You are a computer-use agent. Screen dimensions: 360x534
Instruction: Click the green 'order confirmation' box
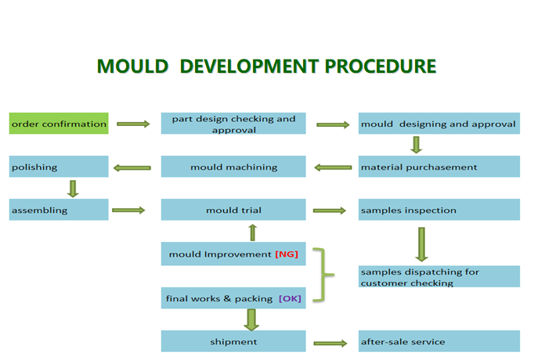point(59,124)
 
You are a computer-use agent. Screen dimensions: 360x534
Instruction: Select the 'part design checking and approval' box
point(233,124)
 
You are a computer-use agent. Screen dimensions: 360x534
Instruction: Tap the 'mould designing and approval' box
point(438,124)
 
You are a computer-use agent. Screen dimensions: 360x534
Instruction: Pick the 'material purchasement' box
point(438,167)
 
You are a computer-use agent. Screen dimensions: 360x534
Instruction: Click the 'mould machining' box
point(233,167)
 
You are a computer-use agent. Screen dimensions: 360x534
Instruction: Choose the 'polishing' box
point(59,167)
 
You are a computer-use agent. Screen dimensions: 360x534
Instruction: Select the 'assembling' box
point(59,210)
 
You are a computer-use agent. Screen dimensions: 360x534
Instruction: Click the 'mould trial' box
point(233,210)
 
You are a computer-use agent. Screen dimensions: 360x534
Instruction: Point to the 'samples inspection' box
point(438,210)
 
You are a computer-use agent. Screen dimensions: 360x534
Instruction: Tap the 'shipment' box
point(233,341)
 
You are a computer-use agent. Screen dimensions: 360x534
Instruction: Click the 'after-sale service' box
point(438,341)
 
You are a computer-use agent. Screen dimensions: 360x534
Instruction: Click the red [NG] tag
point(287,254)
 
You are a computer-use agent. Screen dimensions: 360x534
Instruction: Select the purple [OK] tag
point(290,298)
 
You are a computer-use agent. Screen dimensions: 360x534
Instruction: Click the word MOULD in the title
point(132,66)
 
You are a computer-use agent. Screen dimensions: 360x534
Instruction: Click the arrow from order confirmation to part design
point(132,124)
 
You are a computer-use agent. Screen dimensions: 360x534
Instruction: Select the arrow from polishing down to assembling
point(73,188)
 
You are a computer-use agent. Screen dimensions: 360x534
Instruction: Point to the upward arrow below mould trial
point(252,232)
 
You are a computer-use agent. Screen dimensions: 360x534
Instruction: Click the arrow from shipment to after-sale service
point(329,342)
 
